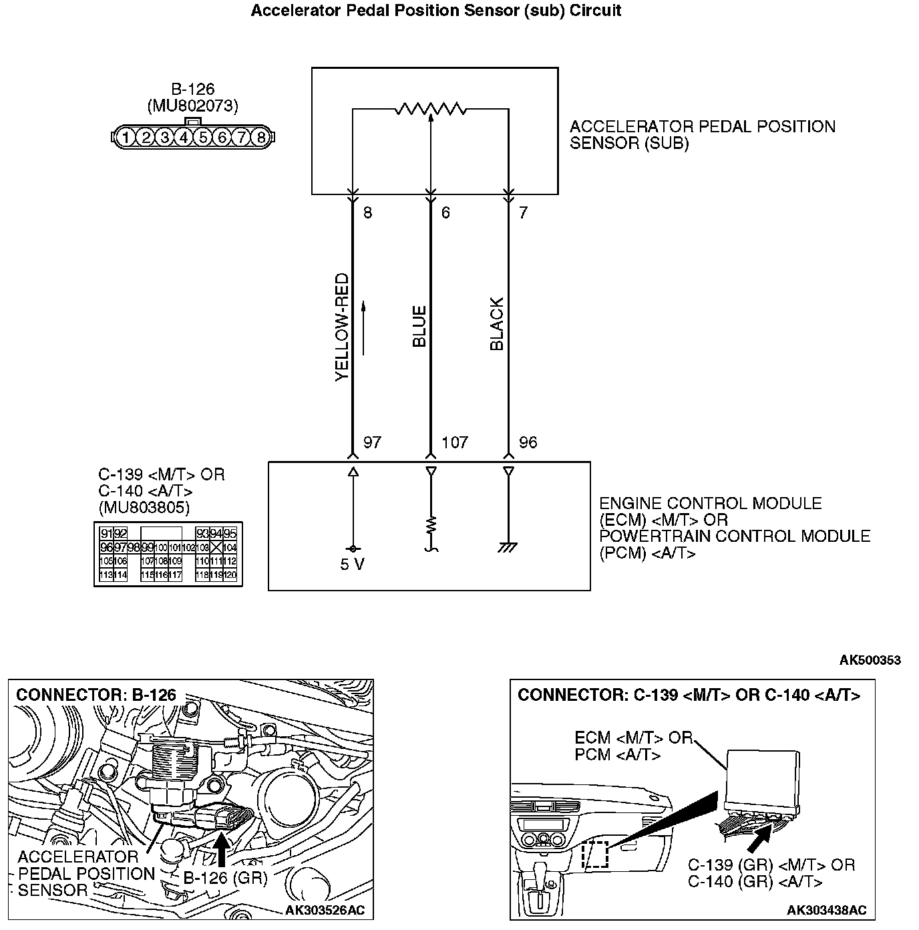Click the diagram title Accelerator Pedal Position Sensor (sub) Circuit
click(x=436, y=11)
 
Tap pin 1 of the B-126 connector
click(x=125, y=138)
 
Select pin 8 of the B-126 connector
click(x=260, y=138)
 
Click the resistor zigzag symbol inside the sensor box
click(x=431, y=108)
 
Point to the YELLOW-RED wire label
click(x=342, y=327)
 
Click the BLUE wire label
click(x=419, y=327)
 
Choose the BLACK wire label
click(x=497, y=325)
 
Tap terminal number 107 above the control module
click(x=455, y=442)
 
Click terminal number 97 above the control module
click(x=372, y=442)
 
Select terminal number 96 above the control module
click(x=528, y=442)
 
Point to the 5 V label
click(x=352, y=565)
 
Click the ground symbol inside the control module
click(x=508, y=548)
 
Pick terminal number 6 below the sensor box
click(x=445, y=212)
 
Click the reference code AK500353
click(x=870, y=660)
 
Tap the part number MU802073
click(x=192, y=106)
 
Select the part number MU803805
click(x=144, y=508)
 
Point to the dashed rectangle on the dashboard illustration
click(x=595, y=855)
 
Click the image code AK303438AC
click(x=826, y=910)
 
